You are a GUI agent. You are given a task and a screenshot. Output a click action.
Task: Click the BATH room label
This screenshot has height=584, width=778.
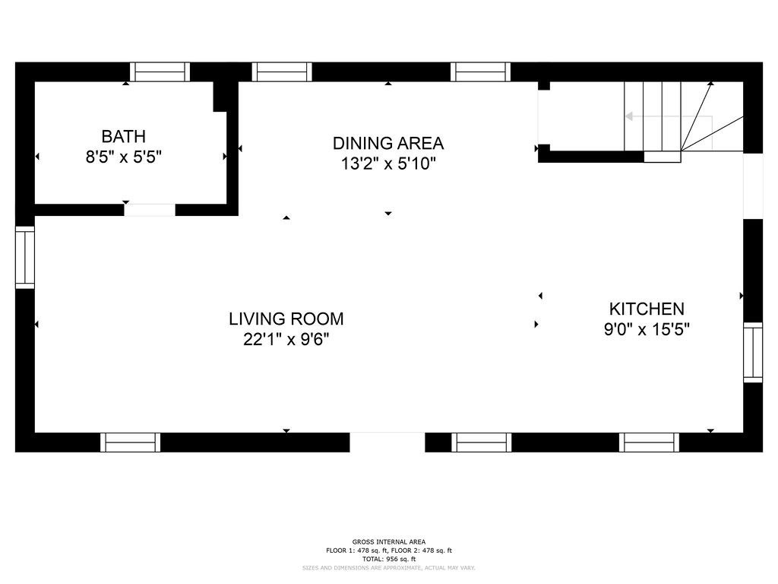[124, 136]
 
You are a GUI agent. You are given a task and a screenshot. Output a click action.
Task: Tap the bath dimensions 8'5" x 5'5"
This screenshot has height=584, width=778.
[124, 157]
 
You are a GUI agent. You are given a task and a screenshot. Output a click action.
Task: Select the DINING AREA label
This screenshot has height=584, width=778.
[388, 143]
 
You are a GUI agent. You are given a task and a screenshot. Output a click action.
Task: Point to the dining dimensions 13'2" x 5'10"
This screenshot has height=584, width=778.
[388, 163]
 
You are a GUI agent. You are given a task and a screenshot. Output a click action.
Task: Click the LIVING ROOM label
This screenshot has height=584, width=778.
[286, 319]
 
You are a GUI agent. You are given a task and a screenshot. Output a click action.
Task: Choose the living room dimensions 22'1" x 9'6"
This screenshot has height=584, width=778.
[286, 340]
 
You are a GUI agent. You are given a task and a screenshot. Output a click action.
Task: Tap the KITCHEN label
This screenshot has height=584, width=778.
[647, 309]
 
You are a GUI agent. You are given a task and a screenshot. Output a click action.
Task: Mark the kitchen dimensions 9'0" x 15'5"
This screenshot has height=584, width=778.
[647, 329]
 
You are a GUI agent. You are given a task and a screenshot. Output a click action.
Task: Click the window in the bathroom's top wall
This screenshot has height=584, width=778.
[160, 72]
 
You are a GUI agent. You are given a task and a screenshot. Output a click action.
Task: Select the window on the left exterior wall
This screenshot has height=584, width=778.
[25, 257]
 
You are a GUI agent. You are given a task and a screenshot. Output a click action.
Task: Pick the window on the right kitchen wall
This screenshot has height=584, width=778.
[753, 352]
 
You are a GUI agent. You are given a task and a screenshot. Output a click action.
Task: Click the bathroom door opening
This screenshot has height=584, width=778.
[150, 210]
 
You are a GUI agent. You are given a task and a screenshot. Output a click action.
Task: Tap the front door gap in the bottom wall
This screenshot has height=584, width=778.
[387, 442]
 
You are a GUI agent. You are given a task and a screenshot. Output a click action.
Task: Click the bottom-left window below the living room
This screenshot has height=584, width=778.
[131, 442]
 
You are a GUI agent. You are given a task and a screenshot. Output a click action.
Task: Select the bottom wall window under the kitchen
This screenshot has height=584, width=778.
[649, 442]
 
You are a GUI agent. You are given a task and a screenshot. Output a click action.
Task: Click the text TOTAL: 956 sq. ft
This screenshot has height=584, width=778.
[388, 559]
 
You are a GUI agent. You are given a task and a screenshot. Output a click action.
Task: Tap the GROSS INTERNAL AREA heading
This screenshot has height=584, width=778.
[388, 541]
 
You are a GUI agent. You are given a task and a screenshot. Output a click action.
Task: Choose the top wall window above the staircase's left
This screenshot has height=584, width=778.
[480, 72]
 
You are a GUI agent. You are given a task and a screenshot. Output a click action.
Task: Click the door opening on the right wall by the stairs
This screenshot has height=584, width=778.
[753, 186]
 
